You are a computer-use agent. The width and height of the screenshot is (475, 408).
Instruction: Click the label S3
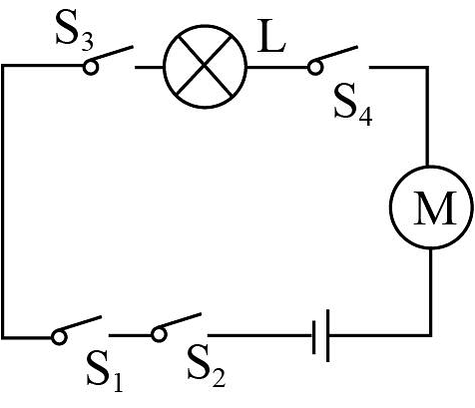[75, 33]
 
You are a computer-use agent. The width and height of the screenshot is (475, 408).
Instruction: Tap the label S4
[353, 107]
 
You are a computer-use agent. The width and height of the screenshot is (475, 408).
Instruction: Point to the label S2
[207, 367]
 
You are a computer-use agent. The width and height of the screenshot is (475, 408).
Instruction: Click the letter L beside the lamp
[271, 36]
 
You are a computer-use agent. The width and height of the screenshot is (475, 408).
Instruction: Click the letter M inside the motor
[435, 207]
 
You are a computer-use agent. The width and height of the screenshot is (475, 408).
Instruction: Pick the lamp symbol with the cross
[205, 67]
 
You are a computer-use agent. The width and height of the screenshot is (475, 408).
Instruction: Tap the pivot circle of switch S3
[91, 67]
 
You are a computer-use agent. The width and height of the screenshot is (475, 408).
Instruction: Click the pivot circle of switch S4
[315, 67]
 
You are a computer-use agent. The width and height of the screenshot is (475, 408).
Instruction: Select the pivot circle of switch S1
[59, 337]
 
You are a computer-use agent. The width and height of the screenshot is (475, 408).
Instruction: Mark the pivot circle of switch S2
[159, 334]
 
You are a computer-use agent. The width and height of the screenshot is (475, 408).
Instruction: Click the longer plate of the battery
[328, 335]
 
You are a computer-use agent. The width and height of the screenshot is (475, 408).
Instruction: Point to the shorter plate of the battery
[314, 336]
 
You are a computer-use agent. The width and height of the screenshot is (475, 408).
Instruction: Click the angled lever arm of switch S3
[113, 54]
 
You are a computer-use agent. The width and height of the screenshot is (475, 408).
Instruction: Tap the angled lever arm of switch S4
[337, 54]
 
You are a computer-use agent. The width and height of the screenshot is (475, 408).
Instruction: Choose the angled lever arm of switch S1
[82, 324]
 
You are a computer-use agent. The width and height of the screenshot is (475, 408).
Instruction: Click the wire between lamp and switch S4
[277, 67]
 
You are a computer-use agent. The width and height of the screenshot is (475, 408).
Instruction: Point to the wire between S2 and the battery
[260, 335]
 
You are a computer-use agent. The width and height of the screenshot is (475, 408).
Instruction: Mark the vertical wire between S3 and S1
[3, 202]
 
